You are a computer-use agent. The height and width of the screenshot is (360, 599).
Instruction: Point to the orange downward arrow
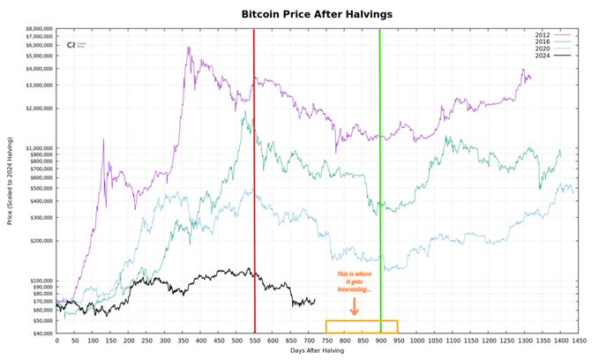(354, 306)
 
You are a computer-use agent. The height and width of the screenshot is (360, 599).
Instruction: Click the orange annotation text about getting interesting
(354, 282)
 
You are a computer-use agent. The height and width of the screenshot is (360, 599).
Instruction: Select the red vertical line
(254, 176)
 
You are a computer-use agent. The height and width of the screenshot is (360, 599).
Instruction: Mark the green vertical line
(380, 176)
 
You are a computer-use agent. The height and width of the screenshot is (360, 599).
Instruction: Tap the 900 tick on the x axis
(380, 340)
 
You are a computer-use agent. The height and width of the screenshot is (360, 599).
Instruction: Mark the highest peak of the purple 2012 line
(188, 48)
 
